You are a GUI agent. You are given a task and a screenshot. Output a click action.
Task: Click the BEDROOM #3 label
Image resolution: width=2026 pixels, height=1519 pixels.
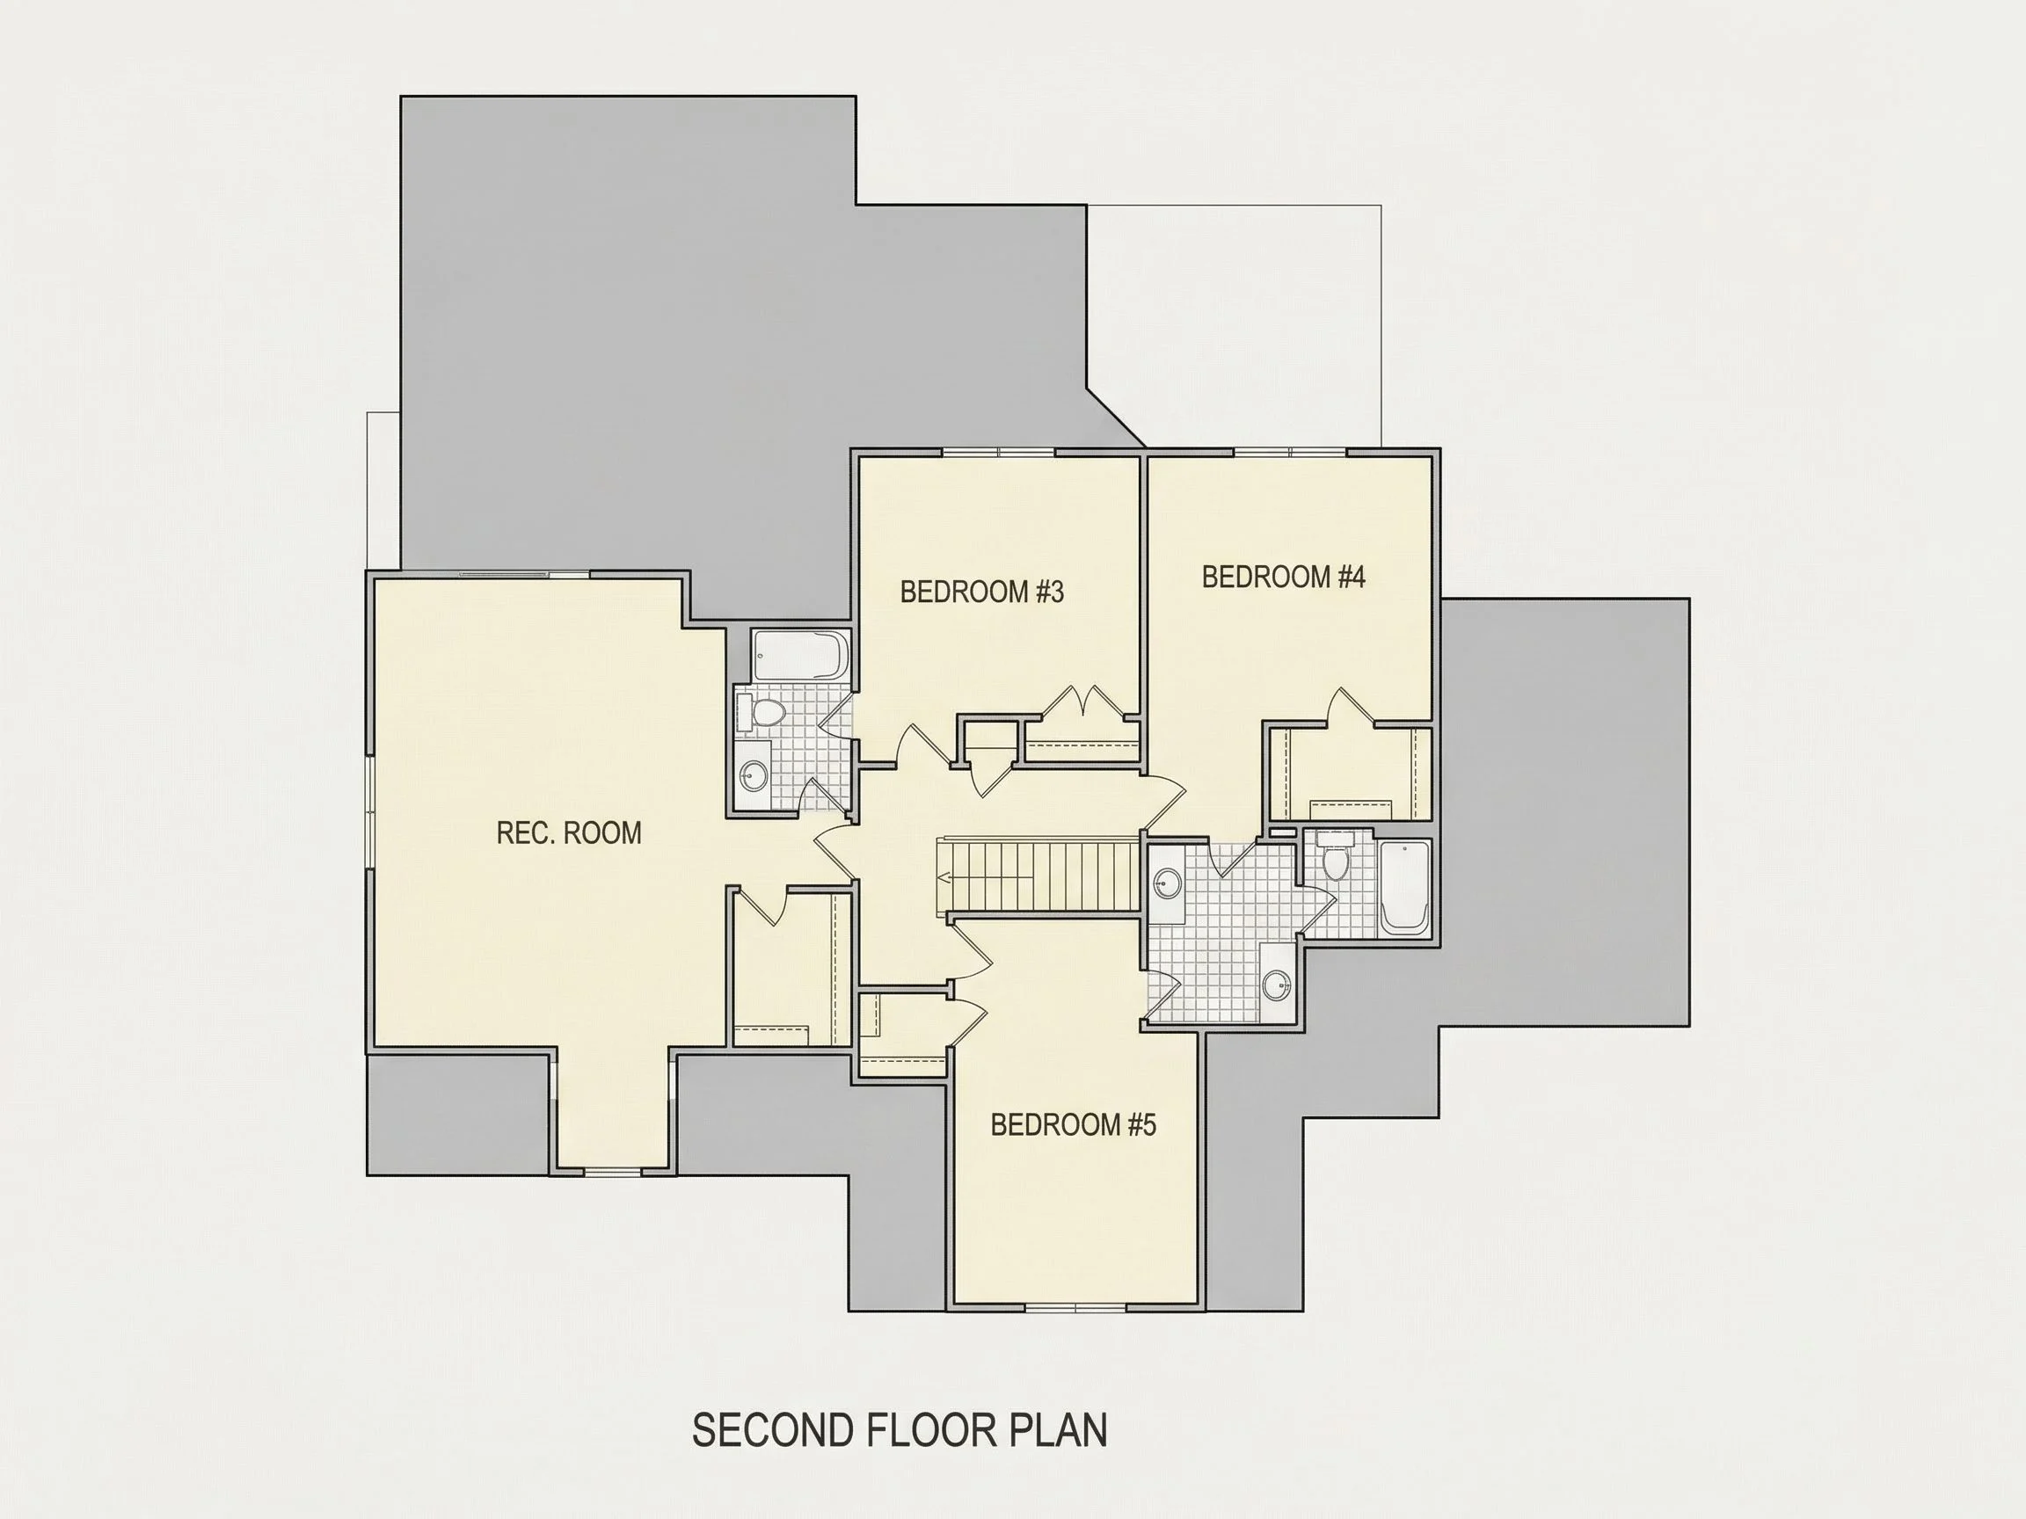pyautogui.click(x=982, y=592)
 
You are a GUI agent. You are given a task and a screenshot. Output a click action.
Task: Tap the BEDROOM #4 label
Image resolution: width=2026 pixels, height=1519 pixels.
pyautogui.click(x=1283, y=577)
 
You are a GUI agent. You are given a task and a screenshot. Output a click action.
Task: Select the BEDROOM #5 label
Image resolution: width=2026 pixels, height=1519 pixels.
pyautogui.click(x=1074, y=1124)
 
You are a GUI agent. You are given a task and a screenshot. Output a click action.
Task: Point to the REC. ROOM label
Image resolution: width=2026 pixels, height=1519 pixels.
pyautogui.click(x=569, y=833)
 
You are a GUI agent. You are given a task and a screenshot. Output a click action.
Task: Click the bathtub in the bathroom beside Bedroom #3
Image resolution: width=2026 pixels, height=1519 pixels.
pyautogui.click(x=801, y=656)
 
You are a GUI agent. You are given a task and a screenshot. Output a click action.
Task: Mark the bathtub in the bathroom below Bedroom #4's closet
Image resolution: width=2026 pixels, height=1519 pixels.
pyautogui.click(x=1404, y=886)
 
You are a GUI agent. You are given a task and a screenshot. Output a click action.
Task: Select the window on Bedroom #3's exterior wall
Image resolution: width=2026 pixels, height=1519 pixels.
pyautogui.click(x=998, y=452)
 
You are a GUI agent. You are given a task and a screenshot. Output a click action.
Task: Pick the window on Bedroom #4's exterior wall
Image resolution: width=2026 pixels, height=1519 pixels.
pyautogui.click(x=1291, y=452)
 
